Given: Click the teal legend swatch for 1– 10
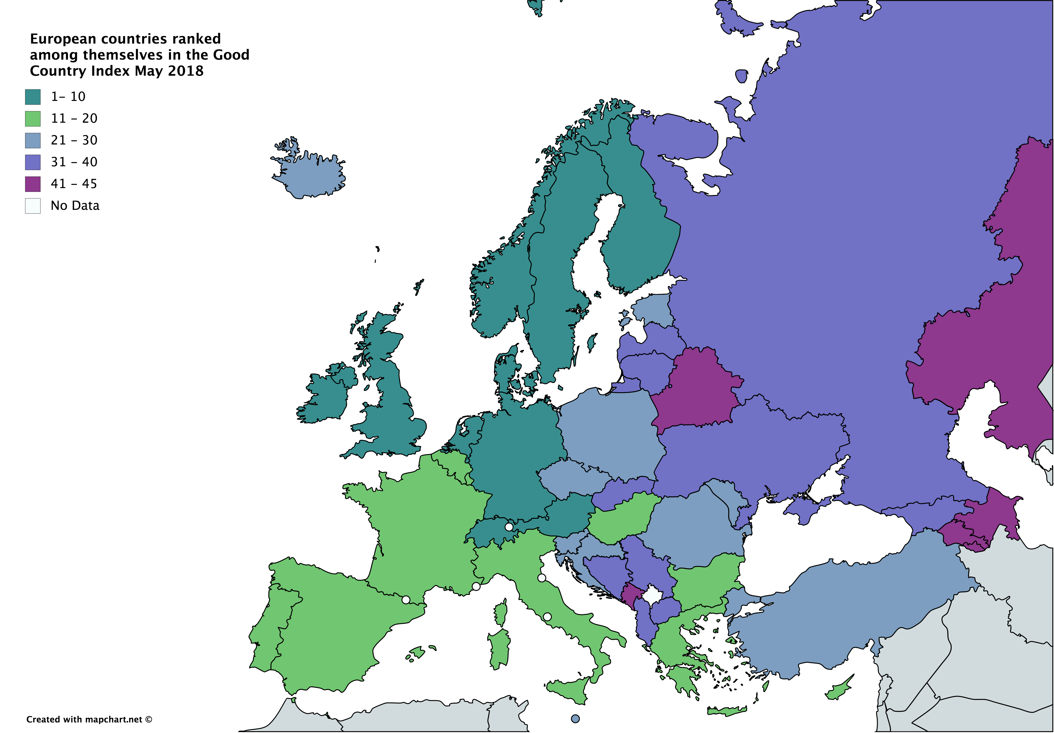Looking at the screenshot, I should tap(33, 97).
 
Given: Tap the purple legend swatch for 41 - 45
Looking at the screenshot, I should tap(33, 184).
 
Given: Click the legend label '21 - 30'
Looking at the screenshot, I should tap(74, 140).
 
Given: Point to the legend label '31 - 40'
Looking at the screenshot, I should tap(74, 162).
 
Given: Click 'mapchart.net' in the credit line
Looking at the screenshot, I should tap(114, 719).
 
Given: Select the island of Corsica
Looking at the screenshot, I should tap(501, 612).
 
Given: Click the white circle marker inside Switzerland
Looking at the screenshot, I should tap(509, 527).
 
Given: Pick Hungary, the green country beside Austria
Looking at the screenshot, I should tap(620, 518).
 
